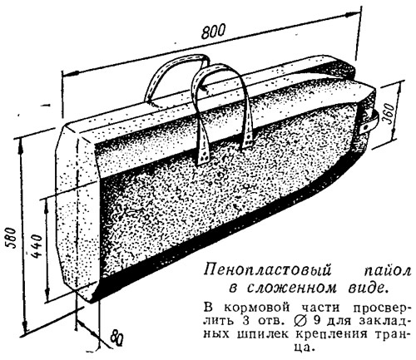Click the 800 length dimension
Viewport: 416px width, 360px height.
[x=213, y=31]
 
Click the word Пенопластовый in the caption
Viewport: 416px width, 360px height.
[x=268, y=270]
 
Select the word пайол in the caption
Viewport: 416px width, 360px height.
[x=387, y=270]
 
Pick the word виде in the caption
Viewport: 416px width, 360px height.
[x=368, y=288]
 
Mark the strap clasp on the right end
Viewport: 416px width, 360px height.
[x=370, y=122]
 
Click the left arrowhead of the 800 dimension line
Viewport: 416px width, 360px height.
[x=69, y=74]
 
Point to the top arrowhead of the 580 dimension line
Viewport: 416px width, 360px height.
[x=22, y=146]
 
